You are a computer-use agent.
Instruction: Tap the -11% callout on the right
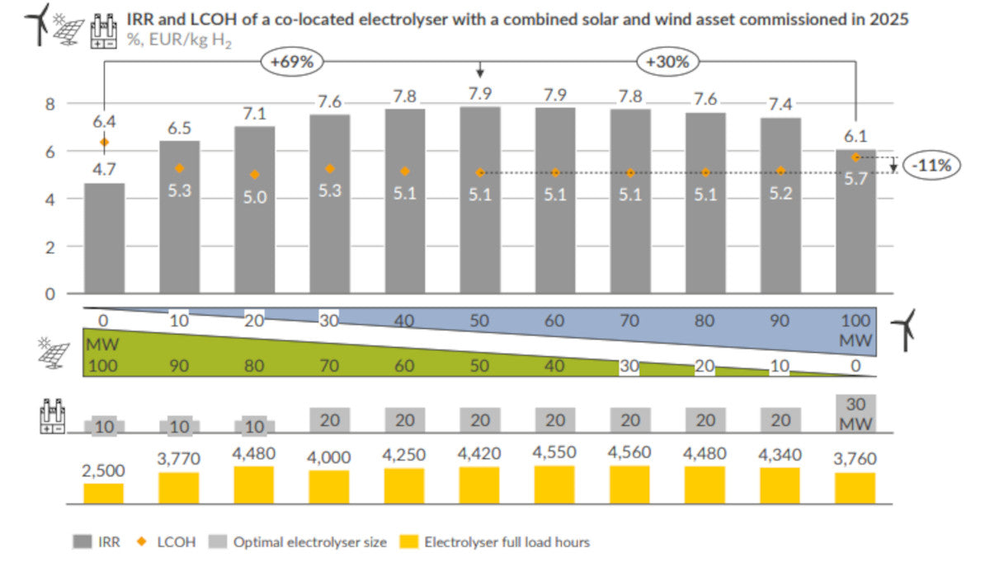click(931, 165)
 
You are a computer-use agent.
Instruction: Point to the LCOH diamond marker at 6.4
click(104, 143)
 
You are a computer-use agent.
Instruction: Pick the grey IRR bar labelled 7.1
click(255, 209)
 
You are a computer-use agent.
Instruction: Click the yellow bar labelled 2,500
click(104, 493)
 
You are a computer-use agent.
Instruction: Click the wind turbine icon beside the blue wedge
click(907, 329)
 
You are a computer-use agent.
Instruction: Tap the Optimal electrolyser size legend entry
click(300, 542)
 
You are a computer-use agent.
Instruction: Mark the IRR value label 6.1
click(856, 136)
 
